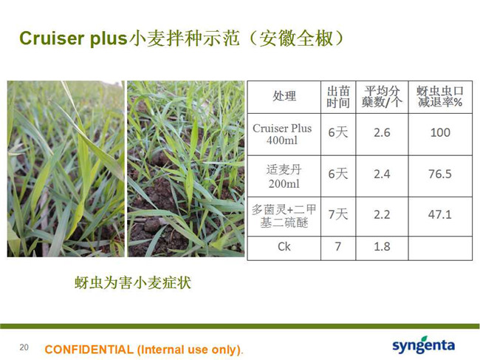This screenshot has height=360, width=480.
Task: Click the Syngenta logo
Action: (x=423, y=345)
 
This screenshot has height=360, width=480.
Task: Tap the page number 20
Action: (x=24, y=347)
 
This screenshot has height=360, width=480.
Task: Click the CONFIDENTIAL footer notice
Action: (x=144, y=349)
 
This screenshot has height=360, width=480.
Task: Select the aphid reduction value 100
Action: (x=440, y=132)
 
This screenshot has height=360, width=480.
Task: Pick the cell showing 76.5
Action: (x=440, y=174)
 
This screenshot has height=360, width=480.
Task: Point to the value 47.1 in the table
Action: (x=440, y=214)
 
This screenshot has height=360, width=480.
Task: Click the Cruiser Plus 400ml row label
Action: (x=282, y=135)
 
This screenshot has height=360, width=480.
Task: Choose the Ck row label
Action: (x=284, y=247)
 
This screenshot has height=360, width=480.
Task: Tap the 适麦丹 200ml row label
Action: (x=284, y=177)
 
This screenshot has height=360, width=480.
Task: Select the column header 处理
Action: (x=284, y=96)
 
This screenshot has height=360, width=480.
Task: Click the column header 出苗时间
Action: (x=338, y=97)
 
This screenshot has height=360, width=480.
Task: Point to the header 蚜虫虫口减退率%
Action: (x=440, y=97)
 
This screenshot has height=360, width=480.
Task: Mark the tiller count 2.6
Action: (x=382, y=132)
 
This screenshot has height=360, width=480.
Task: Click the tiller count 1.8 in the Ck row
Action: (x=382, y=247)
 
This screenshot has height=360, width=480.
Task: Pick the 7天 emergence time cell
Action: (x=338, y=214)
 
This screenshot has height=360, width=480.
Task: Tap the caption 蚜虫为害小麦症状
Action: (x=133, y=282)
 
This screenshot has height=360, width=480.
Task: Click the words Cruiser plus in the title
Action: (x=73, y=39)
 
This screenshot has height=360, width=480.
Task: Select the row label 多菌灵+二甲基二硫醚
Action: (x=284, y=216)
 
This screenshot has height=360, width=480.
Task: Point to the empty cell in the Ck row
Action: (x=440, y=248)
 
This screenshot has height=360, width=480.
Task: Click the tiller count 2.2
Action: (x=382, y=214)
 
